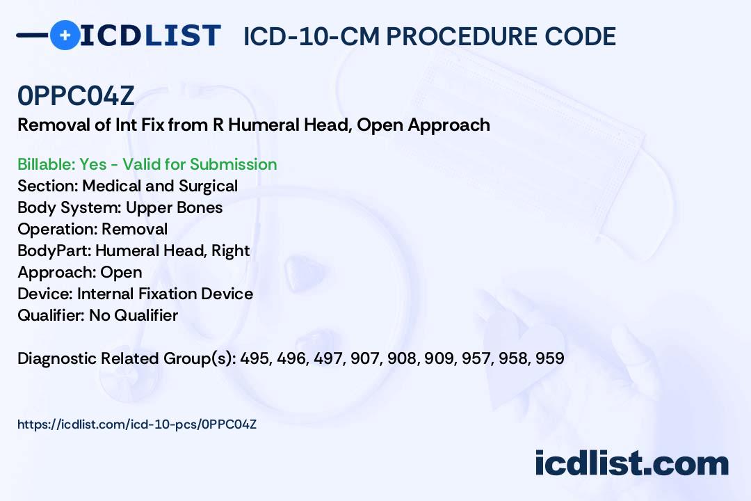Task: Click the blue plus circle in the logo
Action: [x=65, y=35]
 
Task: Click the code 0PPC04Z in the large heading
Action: [x=76, y=96]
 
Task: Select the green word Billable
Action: [x=46, y=164]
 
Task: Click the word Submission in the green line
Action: [x=233, y=164]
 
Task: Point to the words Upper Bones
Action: [x=175, y=207]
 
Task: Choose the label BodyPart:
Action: [x=54, y=250]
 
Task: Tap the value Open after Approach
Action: [x=121, y=272]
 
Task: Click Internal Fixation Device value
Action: [x=165, y=294]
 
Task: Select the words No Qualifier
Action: [x=134, y=315]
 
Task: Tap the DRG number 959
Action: [x=550, y=358]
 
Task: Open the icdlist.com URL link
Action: [x=137, y=424]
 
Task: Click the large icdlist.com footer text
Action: [x=631, y=463]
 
